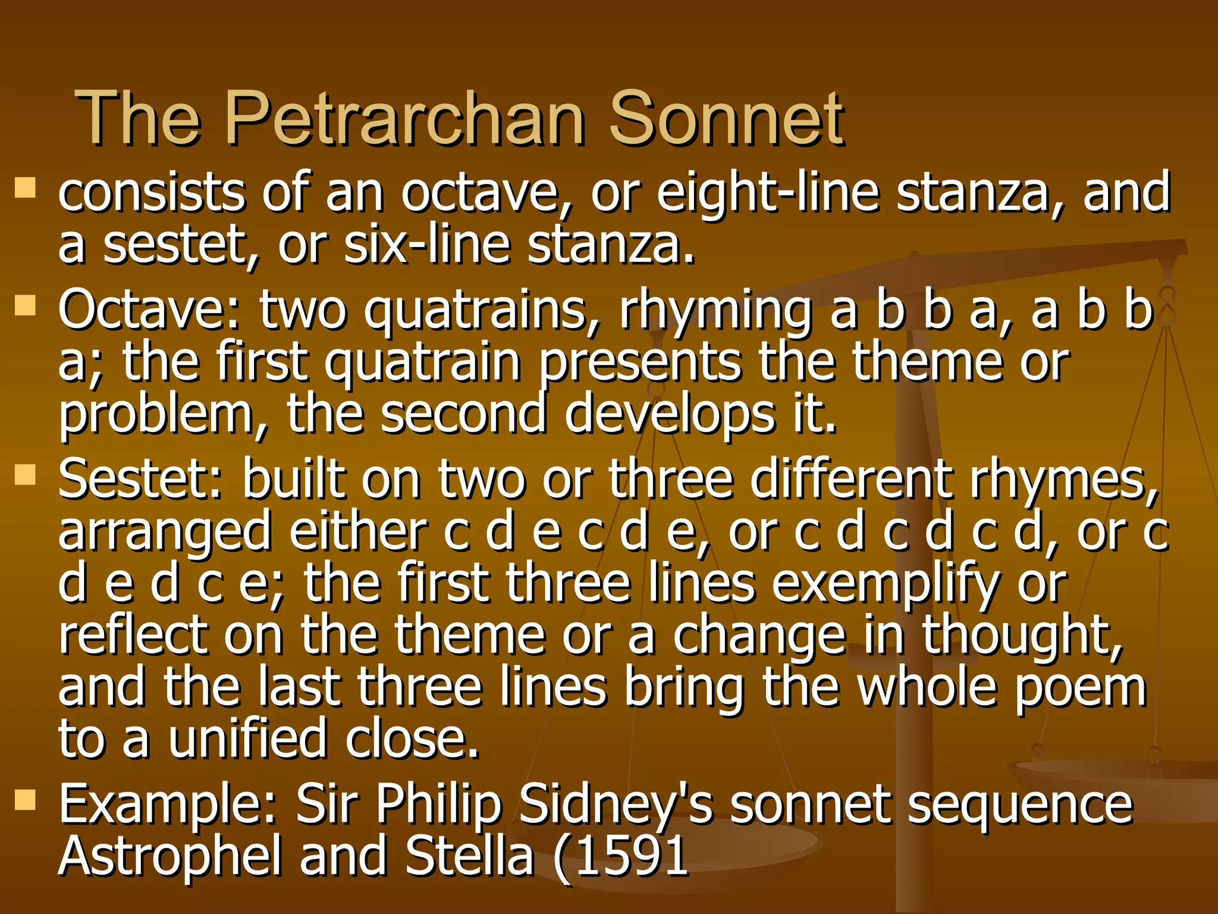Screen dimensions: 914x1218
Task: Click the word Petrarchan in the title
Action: pos(405,119)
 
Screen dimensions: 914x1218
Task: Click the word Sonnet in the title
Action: pos(725,119)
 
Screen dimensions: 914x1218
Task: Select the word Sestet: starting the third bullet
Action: pos(140,480)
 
